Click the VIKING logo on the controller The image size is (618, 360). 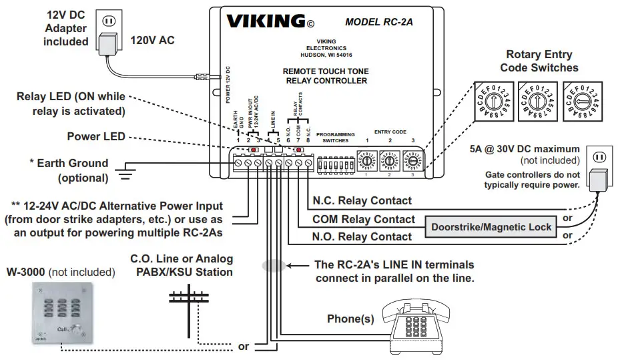point(266,21)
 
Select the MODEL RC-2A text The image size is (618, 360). point(378,21)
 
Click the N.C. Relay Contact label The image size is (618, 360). point(362,200)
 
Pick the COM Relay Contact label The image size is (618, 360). point(363,219)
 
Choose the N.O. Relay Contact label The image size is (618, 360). point(362,236)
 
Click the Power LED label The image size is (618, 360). point(96,137)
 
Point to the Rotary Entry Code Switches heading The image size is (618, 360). point(539,61)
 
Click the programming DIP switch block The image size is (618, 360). point(335,162)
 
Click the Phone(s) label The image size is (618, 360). point(350,319)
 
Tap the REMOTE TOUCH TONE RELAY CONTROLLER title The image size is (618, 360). point(325,76)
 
